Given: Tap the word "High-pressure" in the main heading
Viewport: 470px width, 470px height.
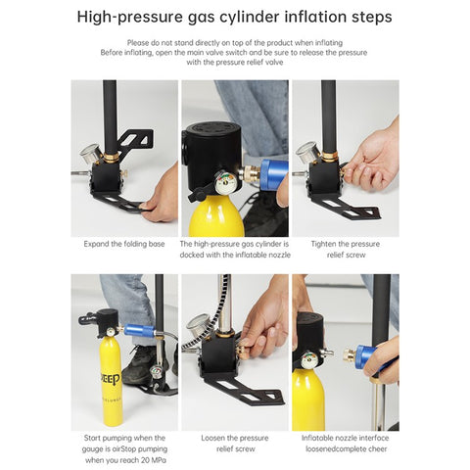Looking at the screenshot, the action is coord(130,17).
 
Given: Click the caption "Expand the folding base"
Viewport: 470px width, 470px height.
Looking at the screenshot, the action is coord(124,244).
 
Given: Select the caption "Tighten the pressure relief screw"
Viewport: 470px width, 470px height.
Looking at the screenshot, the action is coord(346,250).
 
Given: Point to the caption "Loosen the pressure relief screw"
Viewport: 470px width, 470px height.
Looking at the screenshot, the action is coord(235,444).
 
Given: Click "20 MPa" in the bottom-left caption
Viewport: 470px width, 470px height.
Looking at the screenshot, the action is coord(154,460).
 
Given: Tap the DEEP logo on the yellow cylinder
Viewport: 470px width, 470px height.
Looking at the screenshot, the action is coord(110,378).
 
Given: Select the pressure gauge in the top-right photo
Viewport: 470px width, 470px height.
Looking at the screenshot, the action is coord(307,152).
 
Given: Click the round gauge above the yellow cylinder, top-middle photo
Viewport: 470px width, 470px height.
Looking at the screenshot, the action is coord(225,181).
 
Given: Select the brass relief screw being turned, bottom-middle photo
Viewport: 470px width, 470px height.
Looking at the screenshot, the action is coord(243,351).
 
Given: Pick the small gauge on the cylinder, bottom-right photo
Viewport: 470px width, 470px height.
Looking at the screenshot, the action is coord(309,360).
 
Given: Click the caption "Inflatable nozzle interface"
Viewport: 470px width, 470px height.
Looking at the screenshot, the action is coord(346,438).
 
